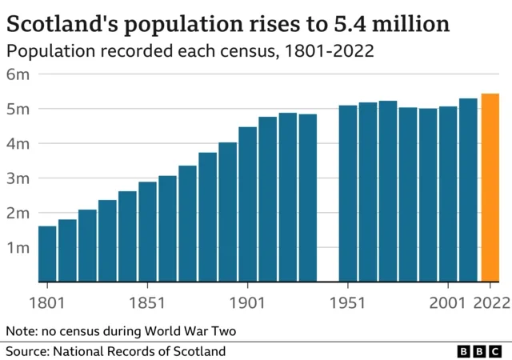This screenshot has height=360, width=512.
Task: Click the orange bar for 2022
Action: coord(490,188)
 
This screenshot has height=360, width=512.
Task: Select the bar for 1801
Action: coord(47,254)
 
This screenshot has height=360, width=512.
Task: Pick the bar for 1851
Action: coord(147,232)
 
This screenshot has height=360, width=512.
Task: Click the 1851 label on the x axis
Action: coord(147,303)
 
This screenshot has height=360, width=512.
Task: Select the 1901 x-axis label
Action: coord(247,303)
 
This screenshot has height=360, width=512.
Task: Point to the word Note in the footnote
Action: coord(20,330)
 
